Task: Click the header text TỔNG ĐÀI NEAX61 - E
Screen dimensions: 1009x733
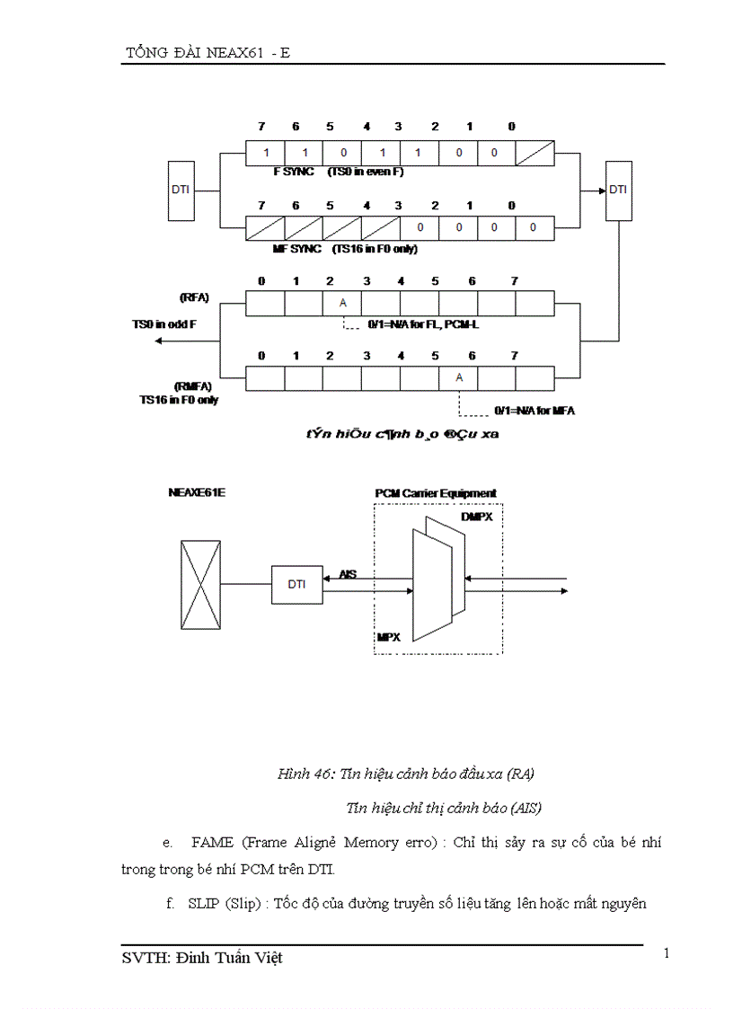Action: pos(207,53)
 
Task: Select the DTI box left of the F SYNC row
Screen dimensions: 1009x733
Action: pos(181,190)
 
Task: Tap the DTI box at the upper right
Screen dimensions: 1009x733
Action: pos(619,190)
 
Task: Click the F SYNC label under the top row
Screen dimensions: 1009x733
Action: pos(294,172)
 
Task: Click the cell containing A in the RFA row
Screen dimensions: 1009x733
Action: pos(342,303)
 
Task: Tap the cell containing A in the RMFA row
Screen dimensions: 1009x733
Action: pos(459,378)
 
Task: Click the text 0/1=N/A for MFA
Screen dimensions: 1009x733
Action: pos(534,411)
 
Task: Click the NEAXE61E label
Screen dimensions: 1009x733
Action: pos(194,493)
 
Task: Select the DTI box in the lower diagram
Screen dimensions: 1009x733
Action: pos(297,584)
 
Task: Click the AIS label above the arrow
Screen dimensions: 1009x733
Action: pos(348,572)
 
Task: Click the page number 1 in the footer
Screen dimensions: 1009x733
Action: pos(667,953)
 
